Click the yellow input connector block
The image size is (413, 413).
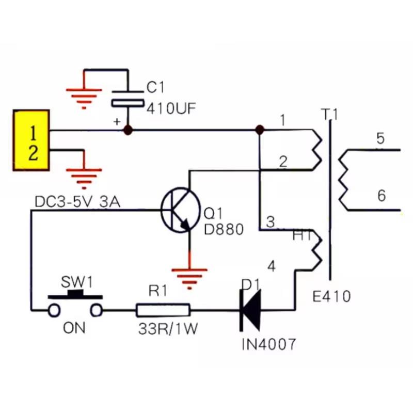click(x=31, y=140)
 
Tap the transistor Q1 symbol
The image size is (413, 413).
click(x=180, y=210)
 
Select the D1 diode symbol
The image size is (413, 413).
click(x=250, y=310)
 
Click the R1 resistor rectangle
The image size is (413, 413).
click(x=163, y=310)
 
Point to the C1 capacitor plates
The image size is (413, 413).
click(x=128, y=99)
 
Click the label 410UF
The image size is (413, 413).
click(x=171, y=108)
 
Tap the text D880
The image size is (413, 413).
click(x=224, y=229)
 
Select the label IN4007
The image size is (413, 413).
click(x=269, y=344)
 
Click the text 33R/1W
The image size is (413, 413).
click(x=168, y=329)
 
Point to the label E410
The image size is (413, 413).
click(x=331, y=296)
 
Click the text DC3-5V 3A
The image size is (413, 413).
click(x=77, y=202)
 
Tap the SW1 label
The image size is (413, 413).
click(x=77, y=282)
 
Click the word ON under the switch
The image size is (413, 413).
click(x=74, y=328)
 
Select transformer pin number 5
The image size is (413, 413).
click(x=380, y=138)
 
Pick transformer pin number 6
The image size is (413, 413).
click(x=382, y=196)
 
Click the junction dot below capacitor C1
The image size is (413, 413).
click(x=128, y=130)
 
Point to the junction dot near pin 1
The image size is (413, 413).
click(x=260, y=130)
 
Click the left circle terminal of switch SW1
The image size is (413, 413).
click(x=54, y=311)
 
